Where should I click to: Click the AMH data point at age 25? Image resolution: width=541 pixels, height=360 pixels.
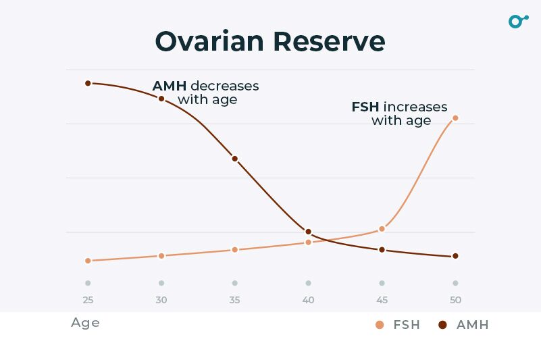coord(88,83)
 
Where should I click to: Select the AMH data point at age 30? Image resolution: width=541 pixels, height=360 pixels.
coord(161,99)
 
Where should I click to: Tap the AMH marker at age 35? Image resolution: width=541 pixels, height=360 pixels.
coord(235,159)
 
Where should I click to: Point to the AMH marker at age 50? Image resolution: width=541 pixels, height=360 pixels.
coord(455,256)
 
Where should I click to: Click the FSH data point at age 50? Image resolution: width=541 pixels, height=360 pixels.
coord(455,118)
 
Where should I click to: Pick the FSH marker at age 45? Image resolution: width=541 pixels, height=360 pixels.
coord(382,229)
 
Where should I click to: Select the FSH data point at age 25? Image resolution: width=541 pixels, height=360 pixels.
coord(88,261)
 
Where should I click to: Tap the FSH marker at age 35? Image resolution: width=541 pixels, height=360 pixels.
coord(235,250)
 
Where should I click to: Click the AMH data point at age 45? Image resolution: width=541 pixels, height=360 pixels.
coord(382,250)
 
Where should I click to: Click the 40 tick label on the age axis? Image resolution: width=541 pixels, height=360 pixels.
coord(308,300)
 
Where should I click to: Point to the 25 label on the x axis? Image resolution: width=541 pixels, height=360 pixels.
coord(88,300)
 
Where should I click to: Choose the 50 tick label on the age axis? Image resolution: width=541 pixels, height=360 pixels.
coord(455,300)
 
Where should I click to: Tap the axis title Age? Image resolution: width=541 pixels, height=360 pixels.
coord(85,323)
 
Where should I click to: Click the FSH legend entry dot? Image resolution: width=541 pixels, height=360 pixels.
coord(380,325)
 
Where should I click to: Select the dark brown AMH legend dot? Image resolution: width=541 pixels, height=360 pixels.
coord(443,325)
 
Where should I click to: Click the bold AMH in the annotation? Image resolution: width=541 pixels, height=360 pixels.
coord(170,86)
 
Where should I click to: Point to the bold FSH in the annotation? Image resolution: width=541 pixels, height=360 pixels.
coord(365,107)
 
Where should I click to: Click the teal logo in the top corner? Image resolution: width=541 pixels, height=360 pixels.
coord(517,21)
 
